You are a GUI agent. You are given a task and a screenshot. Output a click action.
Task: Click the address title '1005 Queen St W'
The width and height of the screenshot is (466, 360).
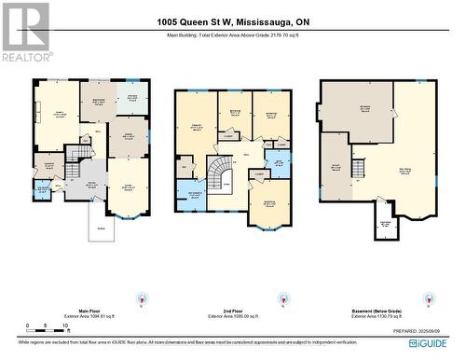click(x=232, y=22)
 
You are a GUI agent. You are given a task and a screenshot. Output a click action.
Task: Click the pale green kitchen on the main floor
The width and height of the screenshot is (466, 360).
click(x=131, y=100)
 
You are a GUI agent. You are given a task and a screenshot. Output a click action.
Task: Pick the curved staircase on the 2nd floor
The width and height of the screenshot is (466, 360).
click(x=220, y=173)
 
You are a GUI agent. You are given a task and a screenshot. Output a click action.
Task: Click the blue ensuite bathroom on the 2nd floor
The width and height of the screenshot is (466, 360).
click(x=194, y=195)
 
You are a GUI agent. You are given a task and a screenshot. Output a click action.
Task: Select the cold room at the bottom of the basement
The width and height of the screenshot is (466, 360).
click(x=382, y=226)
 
